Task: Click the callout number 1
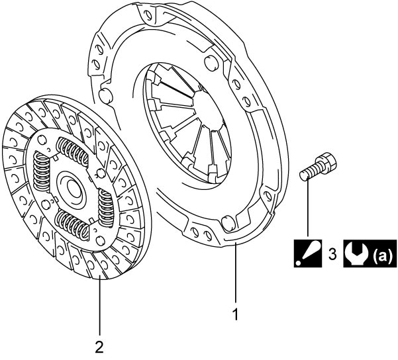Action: tap(236, 314)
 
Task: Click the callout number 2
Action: tap(99, 346)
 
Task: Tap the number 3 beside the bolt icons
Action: tap(332, 253)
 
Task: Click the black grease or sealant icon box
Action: tap(308, 253)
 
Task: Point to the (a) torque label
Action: tap(383, 254)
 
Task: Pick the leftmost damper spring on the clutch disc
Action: tap(42, 172)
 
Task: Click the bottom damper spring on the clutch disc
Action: tap(72, 225)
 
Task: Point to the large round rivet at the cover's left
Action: tap(105, 95)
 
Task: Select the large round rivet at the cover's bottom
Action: tap(228, 223)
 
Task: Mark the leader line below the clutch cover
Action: tap(236, 272)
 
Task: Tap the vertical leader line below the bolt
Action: tap(308, 208)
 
